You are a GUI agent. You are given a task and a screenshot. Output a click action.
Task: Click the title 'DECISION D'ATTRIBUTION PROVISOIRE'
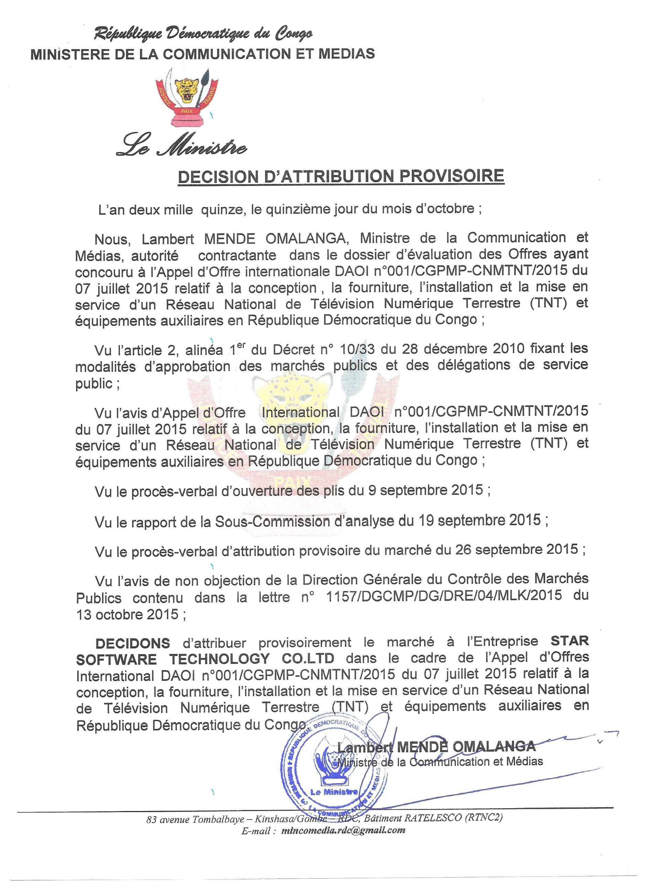coord(341,176)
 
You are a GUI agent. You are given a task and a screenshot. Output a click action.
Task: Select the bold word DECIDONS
coord(133,644)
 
